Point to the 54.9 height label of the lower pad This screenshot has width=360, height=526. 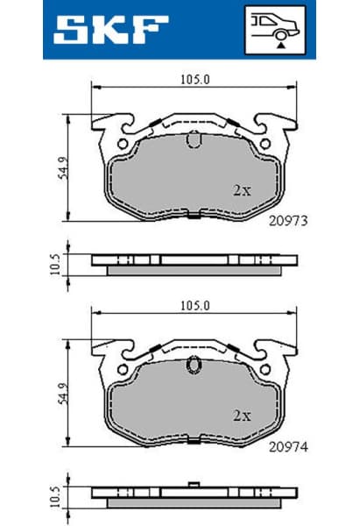click(62, 393)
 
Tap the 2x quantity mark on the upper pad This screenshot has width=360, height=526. click(242, 188)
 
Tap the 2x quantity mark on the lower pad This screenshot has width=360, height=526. click(242, 414)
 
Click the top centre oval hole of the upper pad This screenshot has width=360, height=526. click(194, 139)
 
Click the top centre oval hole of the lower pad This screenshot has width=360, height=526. click(194, 366)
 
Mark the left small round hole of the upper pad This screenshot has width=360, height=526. click(123, 143)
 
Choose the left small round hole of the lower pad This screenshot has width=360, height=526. click(123, 369)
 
